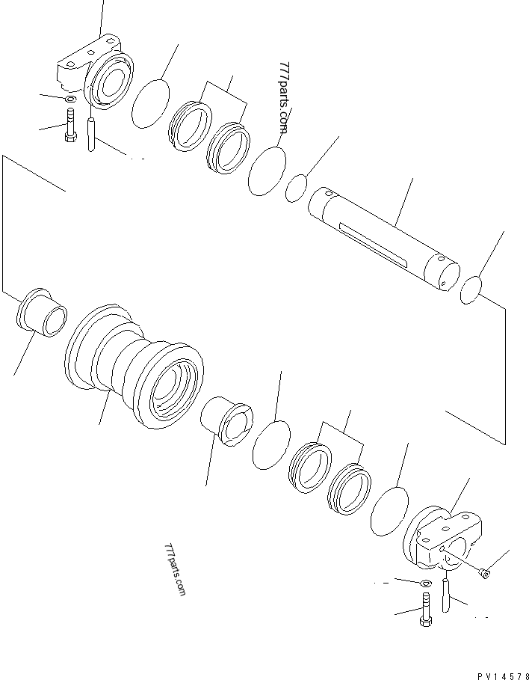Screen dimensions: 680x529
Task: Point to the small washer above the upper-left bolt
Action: pos(69,99)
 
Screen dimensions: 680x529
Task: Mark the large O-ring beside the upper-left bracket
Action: pos(150,102)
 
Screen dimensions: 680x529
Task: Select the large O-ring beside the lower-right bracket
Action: pos(389,512)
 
